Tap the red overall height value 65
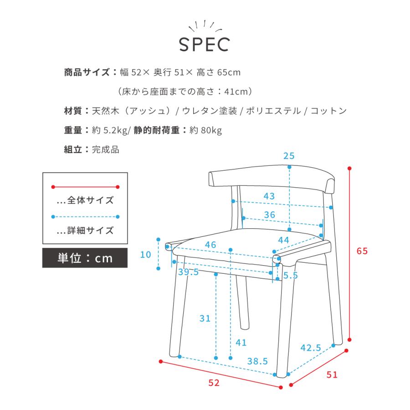[362, 251]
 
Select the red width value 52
[214, 383]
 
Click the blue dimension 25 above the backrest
[289, 156]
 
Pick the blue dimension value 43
[269, 196]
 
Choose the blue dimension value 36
[270, 215]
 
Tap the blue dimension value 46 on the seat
[210, 245]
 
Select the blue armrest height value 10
[145, 255]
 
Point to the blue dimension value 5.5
[290, 275]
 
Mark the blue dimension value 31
[205, 319]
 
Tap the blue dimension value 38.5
[257, 361]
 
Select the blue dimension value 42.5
[311, 348]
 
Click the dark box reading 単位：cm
[85, 258]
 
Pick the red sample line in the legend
[85, 187]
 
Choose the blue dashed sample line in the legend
[85, 217]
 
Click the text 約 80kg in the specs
[205, 131]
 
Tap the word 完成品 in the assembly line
[106, 149]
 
